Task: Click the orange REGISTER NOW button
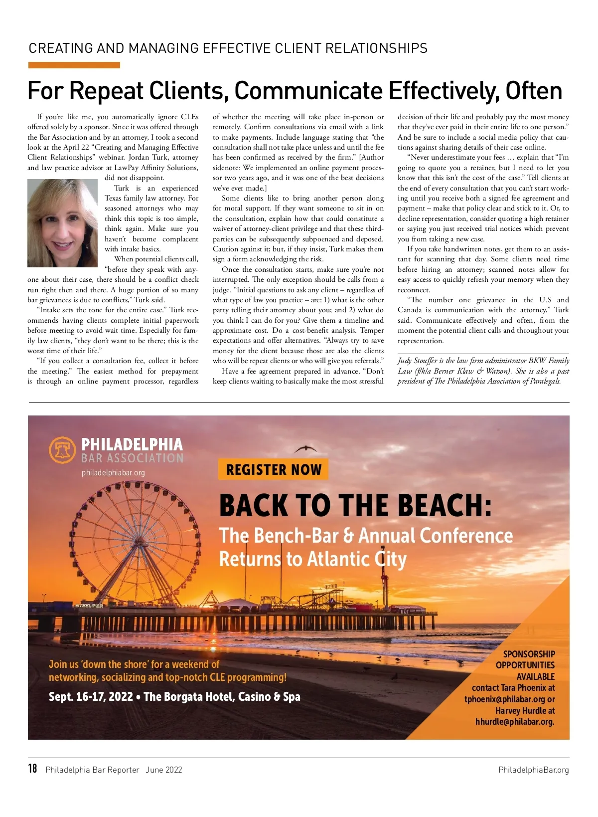273,469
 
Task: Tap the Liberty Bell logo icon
62,450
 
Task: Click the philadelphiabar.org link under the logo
113,472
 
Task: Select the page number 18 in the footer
32,769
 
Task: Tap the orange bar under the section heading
74,65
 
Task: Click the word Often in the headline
534,91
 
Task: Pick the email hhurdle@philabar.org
514,722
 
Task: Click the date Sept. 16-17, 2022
91,696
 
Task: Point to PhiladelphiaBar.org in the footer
533,770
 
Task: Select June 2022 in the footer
164,770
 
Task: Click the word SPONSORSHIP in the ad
529,654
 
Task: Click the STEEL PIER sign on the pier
89,606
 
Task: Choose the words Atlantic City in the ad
357,559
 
